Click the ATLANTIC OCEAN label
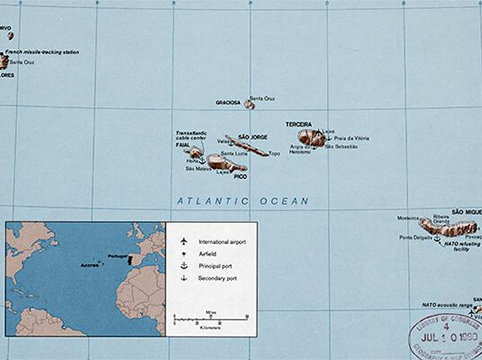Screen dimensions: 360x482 point(243,201)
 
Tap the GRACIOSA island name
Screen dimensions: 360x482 point(228,103)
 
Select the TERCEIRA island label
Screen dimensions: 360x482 point(298,125)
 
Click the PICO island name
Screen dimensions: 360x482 point(240,176)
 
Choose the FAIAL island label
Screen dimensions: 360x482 point(183,145)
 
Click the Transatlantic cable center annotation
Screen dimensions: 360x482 point(191,135)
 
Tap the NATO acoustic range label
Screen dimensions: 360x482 point(445,304)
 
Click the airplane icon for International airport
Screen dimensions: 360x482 point(183,242)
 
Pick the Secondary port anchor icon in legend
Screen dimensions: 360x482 point(183,277)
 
